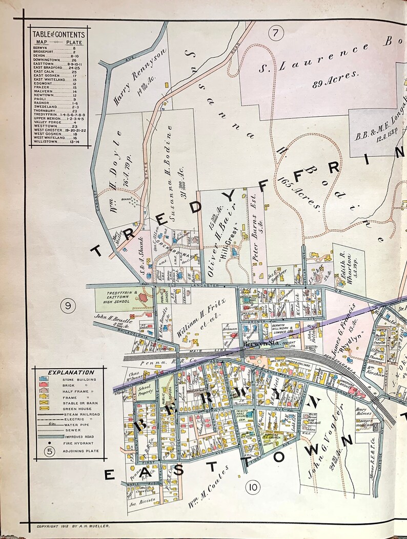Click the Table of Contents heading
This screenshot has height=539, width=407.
pos(58,35)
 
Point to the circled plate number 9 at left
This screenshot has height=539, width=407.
pos(68,307)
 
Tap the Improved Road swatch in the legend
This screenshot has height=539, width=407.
pos(44,436)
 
